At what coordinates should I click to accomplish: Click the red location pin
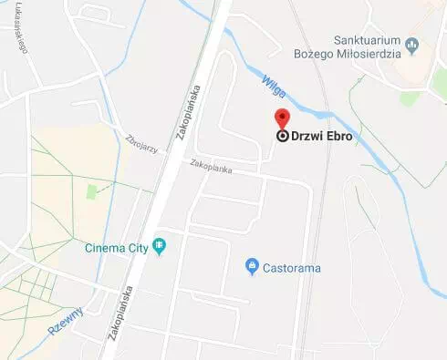[283, 118]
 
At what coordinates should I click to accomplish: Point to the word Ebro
[338, 137]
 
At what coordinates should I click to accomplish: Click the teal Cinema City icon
[161, 246]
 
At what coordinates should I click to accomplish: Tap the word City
[139, 246]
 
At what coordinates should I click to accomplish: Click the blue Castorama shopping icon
[253, 267]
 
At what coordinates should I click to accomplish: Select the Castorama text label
[292, 268]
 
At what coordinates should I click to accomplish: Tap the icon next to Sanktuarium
[411, 44]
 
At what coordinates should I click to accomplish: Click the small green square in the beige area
[91, 191]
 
